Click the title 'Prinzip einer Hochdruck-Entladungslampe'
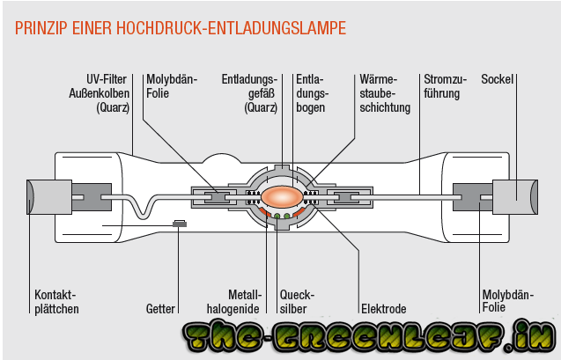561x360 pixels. pos(181,28)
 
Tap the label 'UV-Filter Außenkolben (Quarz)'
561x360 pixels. pos(107,93)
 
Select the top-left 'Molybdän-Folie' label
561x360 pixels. pos(172,86)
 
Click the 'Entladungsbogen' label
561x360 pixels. pos(314,93)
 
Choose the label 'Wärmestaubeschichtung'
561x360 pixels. pos(385,93)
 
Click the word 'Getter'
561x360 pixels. pos(161,309)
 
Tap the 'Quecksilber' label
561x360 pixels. pos(296,301)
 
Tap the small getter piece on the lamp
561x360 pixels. pos(180,224)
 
